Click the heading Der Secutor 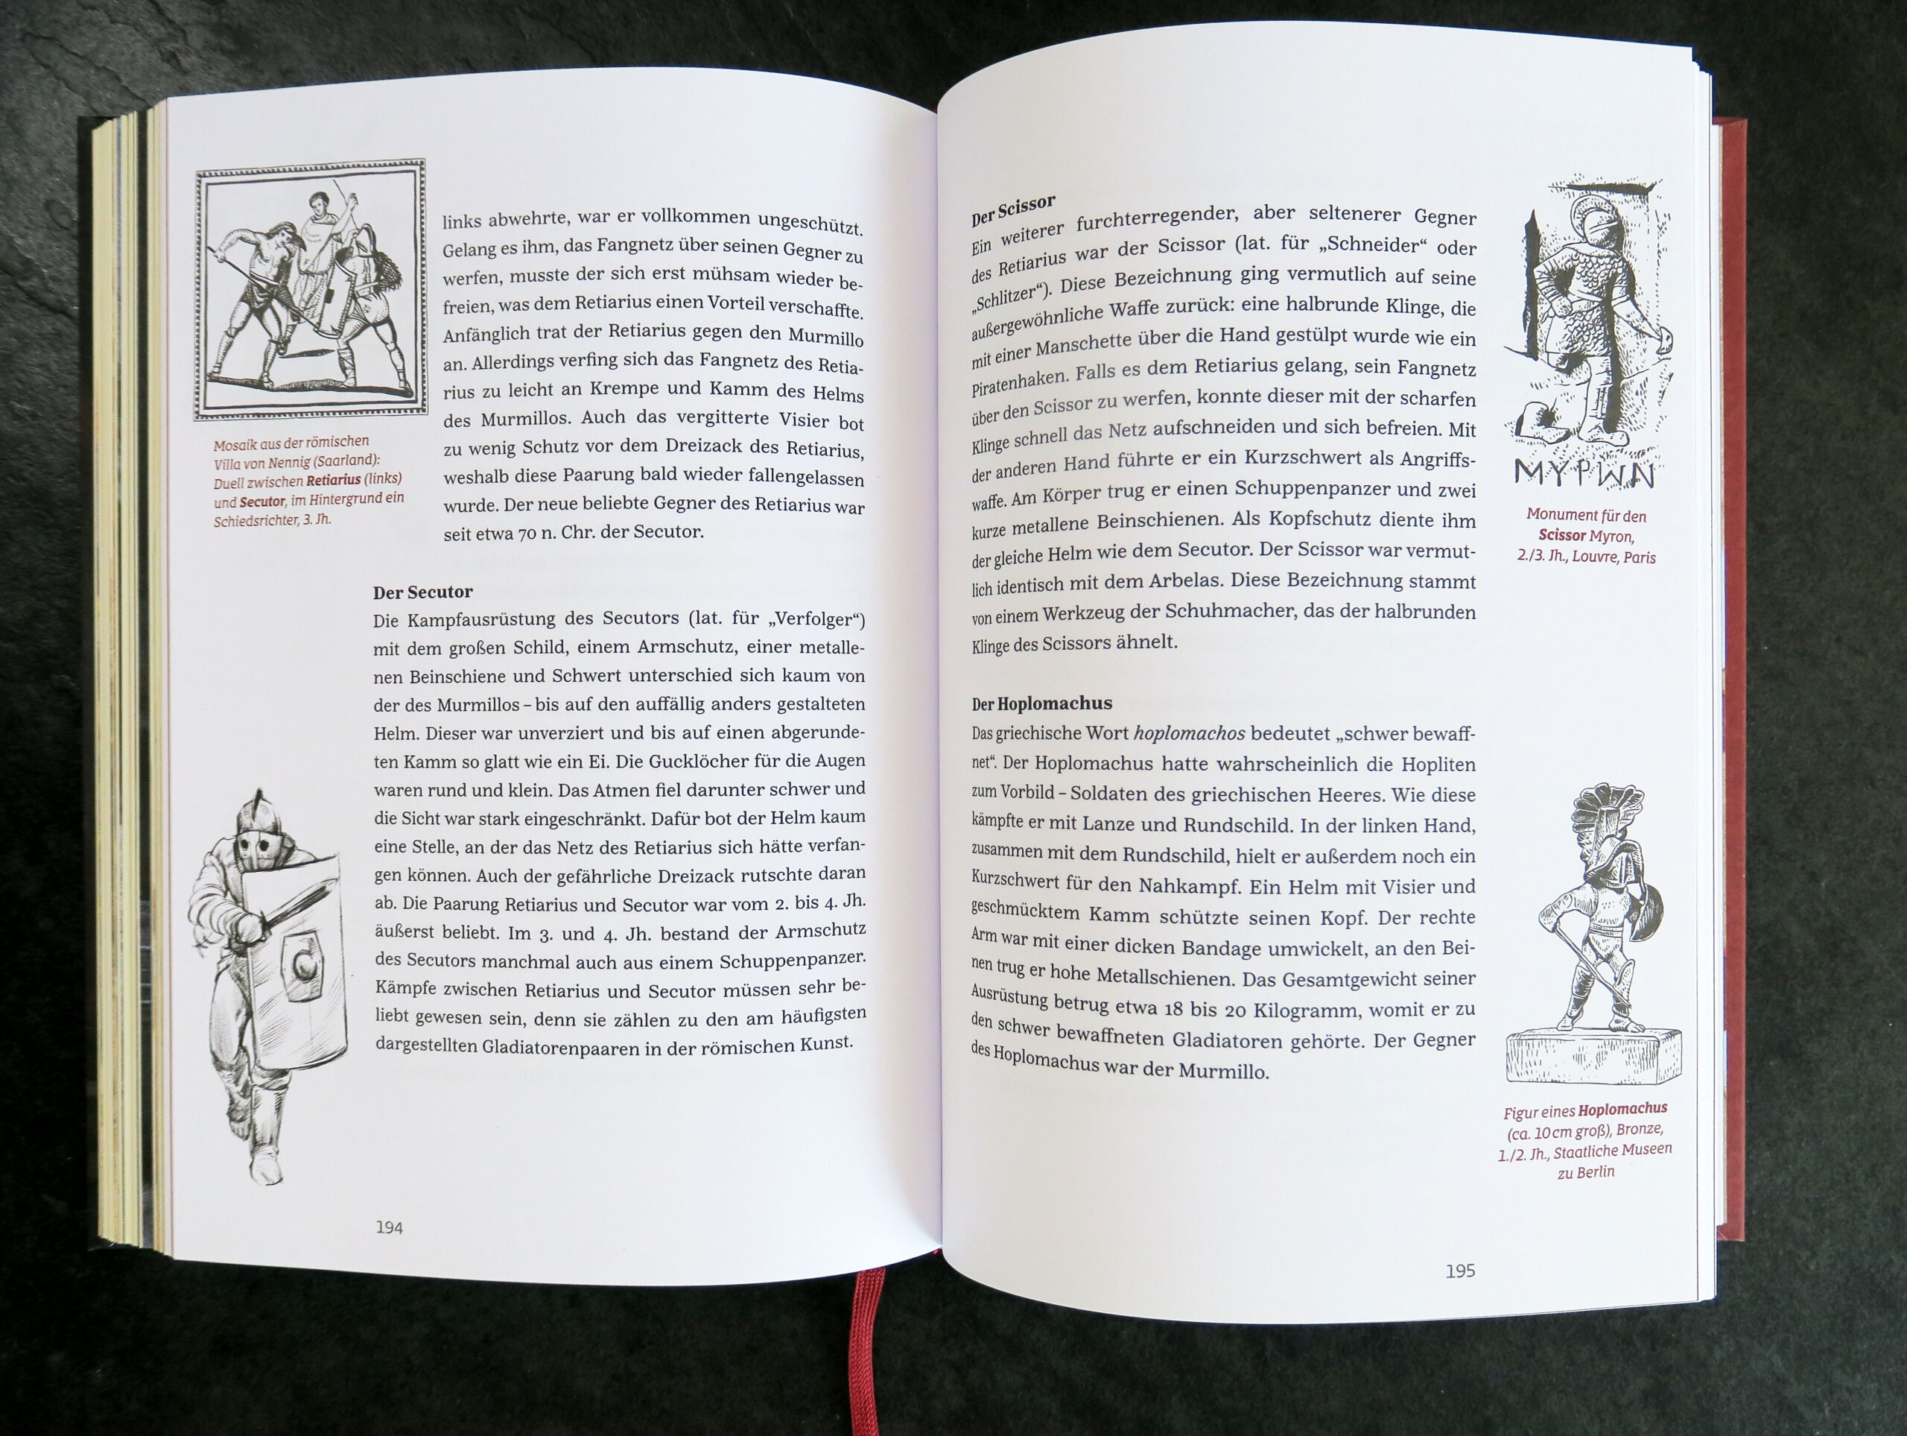tap(422, 592)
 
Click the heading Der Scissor tap(1013, 209)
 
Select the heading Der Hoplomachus tap(1041, 703)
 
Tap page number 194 tap(389, 1227)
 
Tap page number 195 tap(1461, 1271)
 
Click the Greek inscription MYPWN tap(1584, 473)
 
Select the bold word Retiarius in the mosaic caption tap(333, 479)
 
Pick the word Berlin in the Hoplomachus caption tap(1595, 1172)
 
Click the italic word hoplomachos tap(1190, 734)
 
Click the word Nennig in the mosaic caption tap(291, 461)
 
